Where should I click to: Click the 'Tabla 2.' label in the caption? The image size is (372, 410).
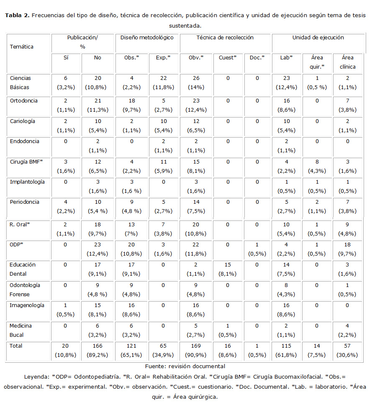[17, 15]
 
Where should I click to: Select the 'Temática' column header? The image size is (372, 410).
[22, 47]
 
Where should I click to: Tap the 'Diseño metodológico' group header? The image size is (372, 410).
[147, 38]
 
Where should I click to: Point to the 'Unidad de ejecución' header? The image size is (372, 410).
[318, 38]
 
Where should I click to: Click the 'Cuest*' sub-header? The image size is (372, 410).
[228, 58]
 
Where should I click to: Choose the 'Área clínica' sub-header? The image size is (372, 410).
[347, 62]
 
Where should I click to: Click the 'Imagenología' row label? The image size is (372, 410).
[27, 305]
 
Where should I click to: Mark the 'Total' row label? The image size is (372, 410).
[16, 346]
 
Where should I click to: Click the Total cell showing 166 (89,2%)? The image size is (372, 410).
[97, 351]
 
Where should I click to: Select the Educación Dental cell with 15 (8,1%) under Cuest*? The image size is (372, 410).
[228, 269]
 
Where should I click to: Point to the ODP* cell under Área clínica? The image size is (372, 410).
[347, 249]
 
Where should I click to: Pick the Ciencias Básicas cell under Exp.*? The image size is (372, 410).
[163, 83]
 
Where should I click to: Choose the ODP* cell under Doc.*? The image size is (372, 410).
[257, 249]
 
